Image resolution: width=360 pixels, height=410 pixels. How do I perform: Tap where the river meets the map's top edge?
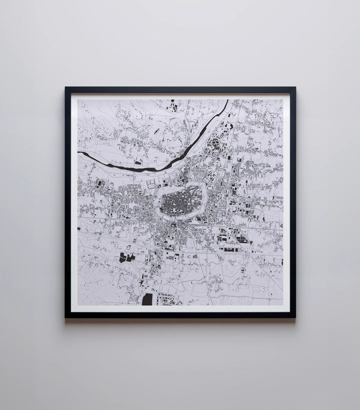click(226, 101)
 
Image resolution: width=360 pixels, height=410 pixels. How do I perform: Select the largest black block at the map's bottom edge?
click(147, 299)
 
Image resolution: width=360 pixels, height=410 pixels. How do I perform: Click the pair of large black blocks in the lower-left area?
click(127, 258)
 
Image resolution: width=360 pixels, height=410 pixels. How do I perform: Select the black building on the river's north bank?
click(138, 163)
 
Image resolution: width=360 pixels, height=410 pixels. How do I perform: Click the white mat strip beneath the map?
click(180, 308)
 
